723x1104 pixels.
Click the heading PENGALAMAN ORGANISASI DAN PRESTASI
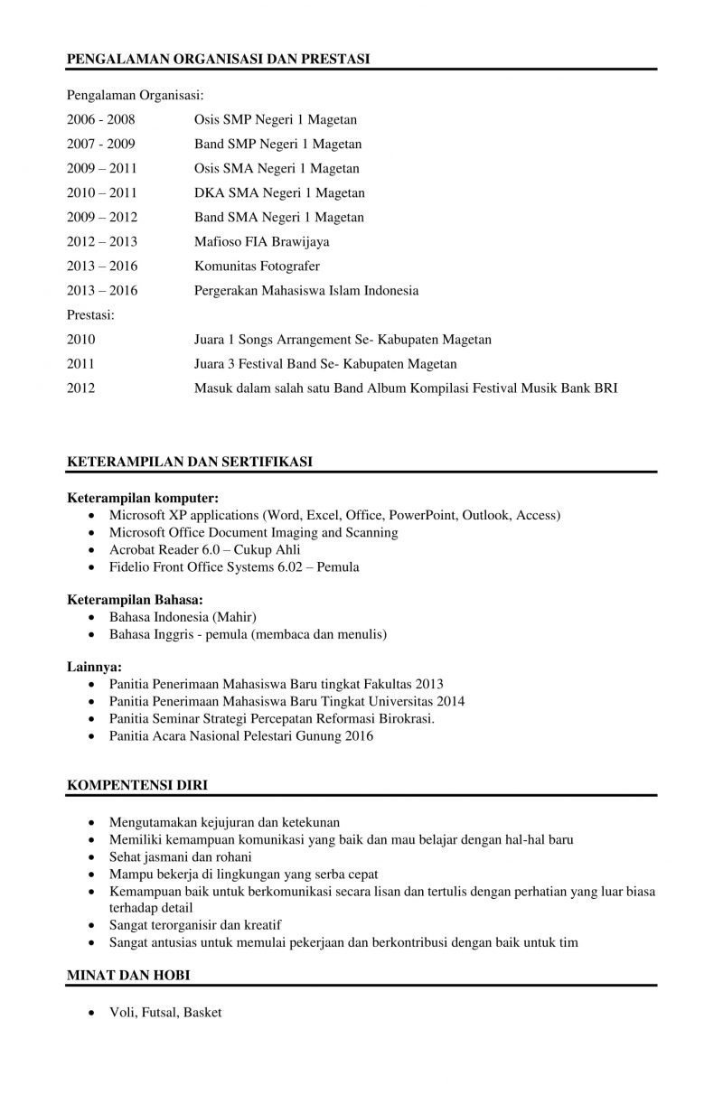pyautogui.click(x=219, y=60)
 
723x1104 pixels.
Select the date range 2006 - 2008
pyautogui.click(x=100, y=119)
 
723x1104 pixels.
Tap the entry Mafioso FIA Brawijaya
pyautogui.click(x=261, y=241)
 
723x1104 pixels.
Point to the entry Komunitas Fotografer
pyautogui.click(x=257, y=266)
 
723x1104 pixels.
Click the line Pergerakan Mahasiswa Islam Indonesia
pyautogui.click(x=306, y=290)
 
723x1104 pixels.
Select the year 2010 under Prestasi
pyautogui.click(x=80, y=340)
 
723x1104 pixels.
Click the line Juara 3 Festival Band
pyautogui.click(x=325, y=364)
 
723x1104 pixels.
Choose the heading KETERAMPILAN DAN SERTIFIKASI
pyautogui.click(x=190, y=462)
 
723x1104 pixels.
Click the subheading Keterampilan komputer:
pyautogui.click(x=143, y=498)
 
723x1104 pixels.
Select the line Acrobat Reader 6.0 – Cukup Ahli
pyautogui.click(x=204, y=549)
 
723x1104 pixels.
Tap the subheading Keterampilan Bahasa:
pyautogui.click(x=135, y=599)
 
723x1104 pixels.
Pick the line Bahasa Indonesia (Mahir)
pyautogui.click(x=183, y=617)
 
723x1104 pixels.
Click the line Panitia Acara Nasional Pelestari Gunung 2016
pyautogui.click(x=240, y=736)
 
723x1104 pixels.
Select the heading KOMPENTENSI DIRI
pyautogui.click(x=137, y=786)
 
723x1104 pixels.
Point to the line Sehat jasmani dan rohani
pyautogui.click(x=180, y=856)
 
